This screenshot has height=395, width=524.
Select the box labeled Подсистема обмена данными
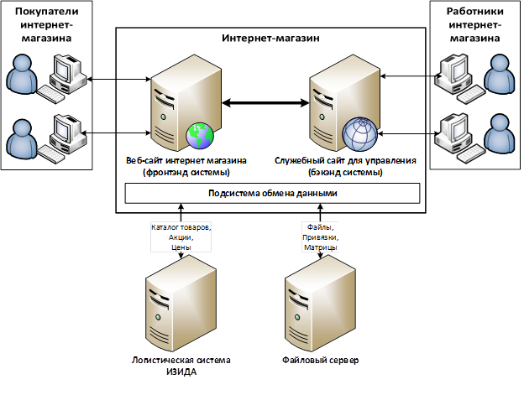pyautogui.click(x=272, y=193)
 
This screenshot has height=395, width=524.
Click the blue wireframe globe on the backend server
pyautogui.click(x=359, y=133)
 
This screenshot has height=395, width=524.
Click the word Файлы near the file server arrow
pyautogui.click(x=318, y=226)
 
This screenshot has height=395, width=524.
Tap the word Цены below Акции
pyautogui.click(x=181, y=248)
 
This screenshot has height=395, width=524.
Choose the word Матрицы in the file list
pyautogui.click(x=320, y=248)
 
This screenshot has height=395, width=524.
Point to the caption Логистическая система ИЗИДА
pyautogui.click(x=181, y=366)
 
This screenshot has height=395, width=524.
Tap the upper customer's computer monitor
pyautogui.click(x=63, y=70)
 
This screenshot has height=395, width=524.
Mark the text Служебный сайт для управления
pyautogui.click(x=345, y=159)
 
